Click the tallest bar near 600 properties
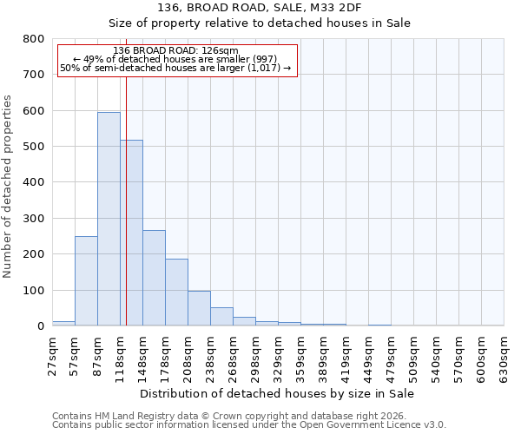[x=109, y=219]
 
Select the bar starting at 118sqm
[x=131, y=233]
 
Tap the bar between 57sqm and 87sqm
[x=86, y=280]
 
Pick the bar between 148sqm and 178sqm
[x=154, y=278]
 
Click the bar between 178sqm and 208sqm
[x=176, y=293]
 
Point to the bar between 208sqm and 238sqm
[x=199, y=308]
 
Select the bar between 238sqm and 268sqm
[x=221, y=317]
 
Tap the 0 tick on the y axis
[x=40, y=326]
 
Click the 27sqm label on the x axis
[x=52, y=355]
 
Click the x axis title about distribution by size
[x=278, y=393]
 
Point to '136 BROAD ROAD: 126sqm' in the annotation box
[x=175, y=50]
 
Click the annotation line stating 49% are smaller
[x=175, y=58]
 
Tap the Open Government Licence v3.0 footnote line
[x=249, y=425]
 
